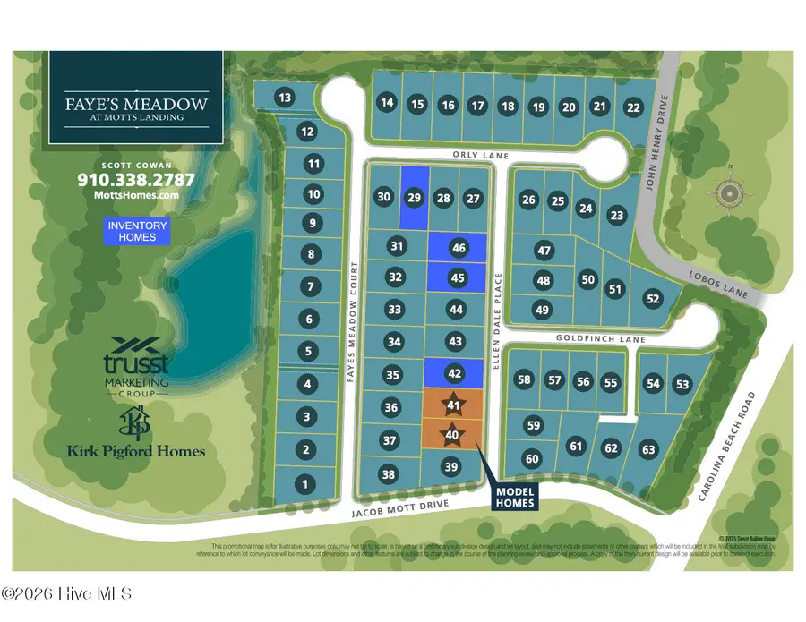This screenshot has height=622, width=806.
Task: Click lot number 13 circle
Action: click(285, 98)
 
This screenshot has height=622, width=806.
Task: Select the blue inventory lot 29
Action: click(414, 197)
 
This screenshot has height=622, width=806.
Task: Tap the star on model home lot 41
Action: click(454, 405)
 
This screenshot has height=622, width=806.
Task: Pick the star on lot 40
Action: click(453, 435)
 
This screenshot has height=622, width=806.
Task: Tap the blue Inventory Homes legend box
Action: click(138, 231)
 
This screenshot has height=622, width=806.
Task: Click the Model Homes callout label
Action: click(515, 498)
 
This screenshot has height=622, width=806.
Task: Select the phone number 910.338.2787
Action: click(136, 179)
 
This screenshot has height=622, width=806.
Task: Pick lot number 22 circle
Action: click(634, 107)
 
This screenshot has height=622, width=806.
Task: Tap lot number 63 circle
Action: click(648, 449)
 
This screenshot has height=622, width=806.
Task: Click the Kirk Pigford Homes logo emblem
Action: click(136, 421)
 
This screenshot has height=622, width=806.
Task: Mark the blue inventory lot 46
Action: click(459, 248)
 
